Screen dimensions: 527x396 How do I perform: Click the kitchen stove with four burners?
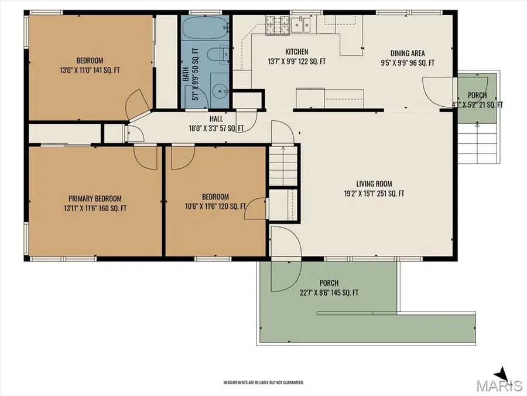278,25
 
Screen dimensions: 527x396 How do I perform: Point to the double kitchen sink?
301,24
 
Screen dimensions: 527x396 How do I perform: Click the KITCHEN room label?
296,52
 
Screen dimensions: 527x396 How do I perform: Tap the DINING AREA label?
408,53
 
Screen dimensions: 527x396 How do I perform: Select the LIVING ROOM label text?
374,184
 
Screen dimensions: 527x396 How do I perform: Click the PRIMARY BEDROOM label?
95,199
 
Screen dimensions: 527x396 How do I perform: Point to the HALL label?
216,119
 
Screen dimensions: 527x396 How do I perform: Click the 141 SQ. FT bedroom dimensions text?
90,71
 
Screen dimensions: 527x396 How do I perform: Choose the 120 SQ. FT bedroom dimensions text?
215,207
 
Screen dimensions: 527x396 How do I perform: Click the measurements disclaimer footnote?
263,383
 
